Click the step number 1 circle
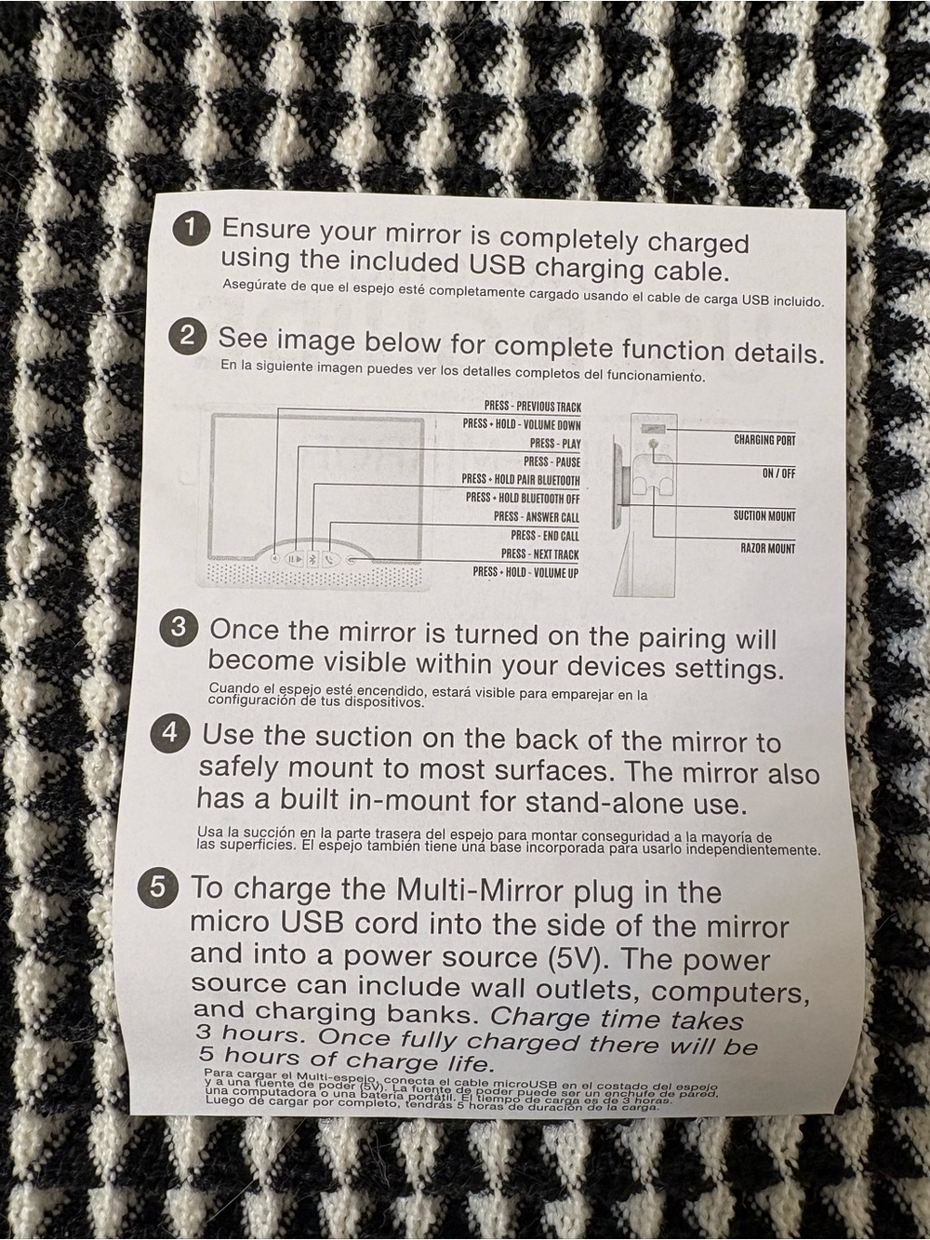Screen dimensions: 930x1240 coord(192,229)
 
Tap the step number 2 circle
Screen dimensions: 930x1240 coord(188,337)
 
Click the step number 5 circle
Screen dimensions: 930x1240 coord(158,887)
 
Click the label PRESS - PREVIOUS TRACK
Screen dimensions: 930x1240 coord(533,407)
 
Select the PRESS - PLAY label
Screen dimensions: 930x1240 coord(555,444)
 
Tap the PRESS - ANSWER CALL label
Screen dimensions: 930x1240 coord(537,517)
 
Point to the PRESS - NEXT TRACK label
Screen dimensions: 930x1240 coord(539,554)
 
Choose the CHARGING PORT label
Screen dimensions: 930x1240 coord(764,439)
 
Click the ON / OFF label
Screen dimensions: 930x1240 coord(778,473)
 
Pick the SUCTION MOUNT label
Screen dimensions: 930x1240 coord(764,515)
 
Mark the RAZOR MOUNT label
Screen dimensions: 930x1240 coord(768,548)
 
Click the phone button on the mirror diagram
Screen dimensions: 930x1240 coord(331,560)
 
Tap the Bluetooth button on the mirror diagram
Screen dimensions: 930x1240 coord(312,559)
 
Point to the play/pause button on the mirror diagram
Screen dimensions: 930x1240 coord(294,559)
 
